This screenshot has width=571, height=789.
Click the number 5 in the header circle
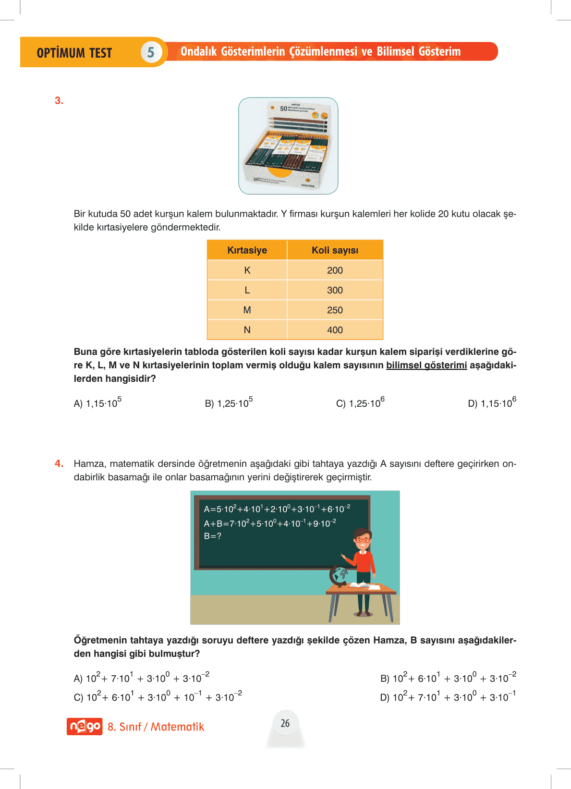[151, 52]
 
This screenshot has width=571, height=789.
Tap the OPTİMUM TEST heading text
[74, 53]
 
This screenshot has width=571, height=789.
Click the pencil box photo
[288, 146]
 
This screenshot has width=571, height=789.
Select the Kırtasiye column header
[247, 250]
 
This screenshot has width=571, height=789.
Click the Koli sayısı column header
[335, 250]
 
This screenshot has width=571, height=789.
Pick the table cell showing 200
[335, 270]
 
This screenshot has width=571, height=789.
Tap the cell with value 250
[335, 310]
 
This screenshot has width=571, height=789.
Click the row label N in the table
[247, 330]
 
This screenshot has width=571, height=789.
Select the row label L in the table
[247, 290]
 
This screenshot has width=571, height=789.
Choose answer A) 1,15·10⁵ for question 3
[97, 403]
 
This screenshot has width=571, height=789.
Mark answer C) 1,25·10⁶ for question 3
[360, 403]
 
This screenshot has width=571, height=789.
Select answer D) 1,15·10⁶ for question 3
[492, 403]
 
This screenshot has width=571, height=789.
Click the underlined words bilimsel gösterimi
[426, 365]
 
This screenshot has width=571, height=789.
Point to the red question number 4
[59, 463]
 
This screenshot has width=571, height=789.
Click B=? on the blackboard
[213, 536]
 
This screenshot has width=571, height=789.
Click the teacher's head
[363, 539]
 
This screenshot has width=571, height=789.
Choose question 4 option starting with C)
[158, 696]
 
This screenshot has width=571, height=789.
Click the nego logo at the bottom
[85, 727]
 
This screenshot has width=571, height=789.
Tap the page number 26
[285, 723]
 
